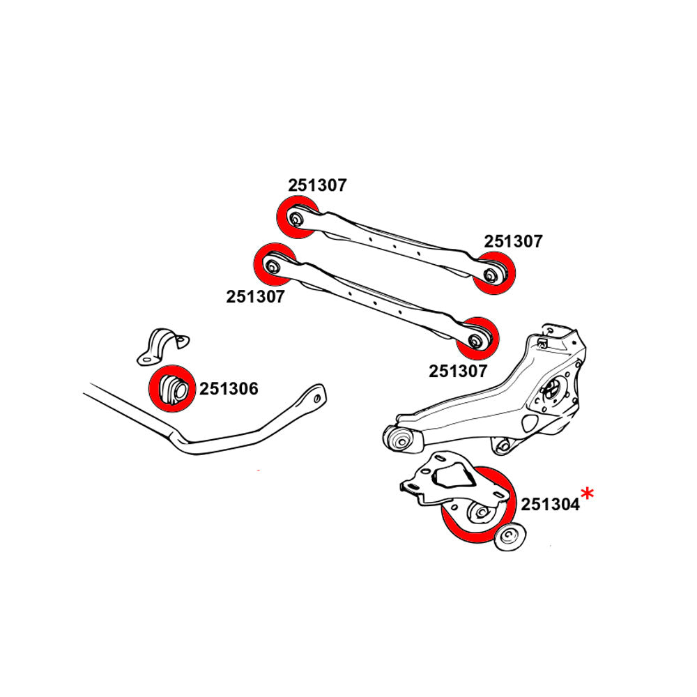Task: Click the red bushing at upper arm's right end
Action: [494, 274]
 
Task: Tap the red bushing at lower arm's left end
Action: [273, 264]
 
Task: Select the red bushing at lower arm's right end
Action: [478, 337]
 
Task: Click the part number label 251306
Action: [229, 389]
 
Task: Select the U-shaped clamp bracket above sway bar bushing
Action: [162, 345]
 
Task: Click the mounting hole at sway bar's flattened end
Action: [318, 398]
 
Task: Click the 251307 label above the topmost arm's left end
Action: [317, 185]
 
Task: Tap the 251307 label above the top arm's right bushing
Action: [513, 242]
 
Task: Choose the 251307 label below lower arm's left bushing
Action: [255, 297]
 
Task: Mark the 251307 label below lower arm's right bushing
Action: [457, 372]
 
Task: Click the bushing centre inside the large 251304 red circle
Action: [480, 514]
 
